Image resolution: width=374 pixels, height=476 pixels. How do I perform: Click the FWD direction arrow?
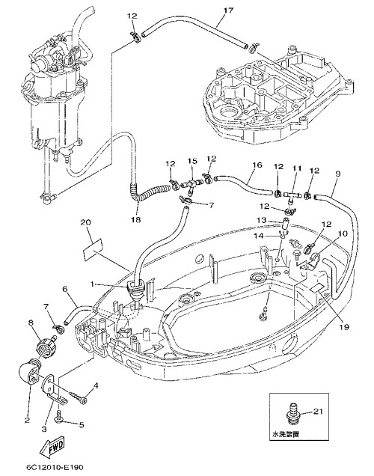tap(52, 448)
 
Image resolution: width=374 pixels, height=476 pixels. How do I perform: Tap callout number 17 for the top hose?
tap(228, 10)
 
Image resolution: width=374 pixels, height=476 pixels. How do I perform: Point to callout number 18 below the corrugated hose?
tap(136, 219)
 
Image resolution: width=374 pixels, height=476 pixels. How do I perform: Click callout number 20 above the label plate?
tap(86, 222)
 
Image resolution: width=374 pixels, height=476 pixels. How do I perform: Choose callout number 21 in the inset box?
tap(318, 412)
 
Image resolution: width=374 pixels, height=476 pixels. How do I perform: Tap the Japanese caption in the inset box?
tap(286, 434)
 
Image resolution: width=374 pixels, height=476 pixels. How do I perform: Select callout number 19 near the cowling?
tap(345, 327)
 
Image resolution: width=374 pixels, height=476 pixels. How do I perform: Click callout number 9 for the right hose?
tap(338, 174)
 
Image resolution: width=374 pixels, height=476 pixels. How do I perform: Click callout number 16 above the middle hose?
tap(257, 165)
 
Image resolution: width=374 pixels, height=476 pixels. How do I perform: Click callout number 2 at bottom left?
tap(27, 420)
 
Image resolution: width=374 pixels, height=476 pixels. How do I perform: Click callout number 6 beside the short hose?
tap(65, 289)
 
